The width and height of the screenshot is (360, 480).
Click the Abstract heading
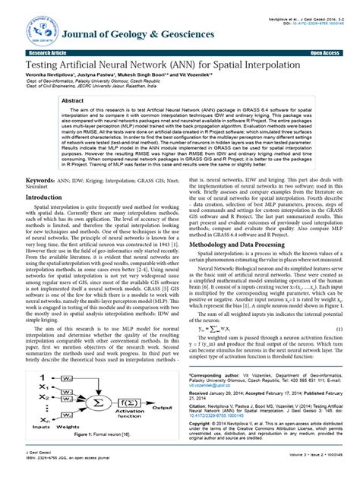coord(93,100)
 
